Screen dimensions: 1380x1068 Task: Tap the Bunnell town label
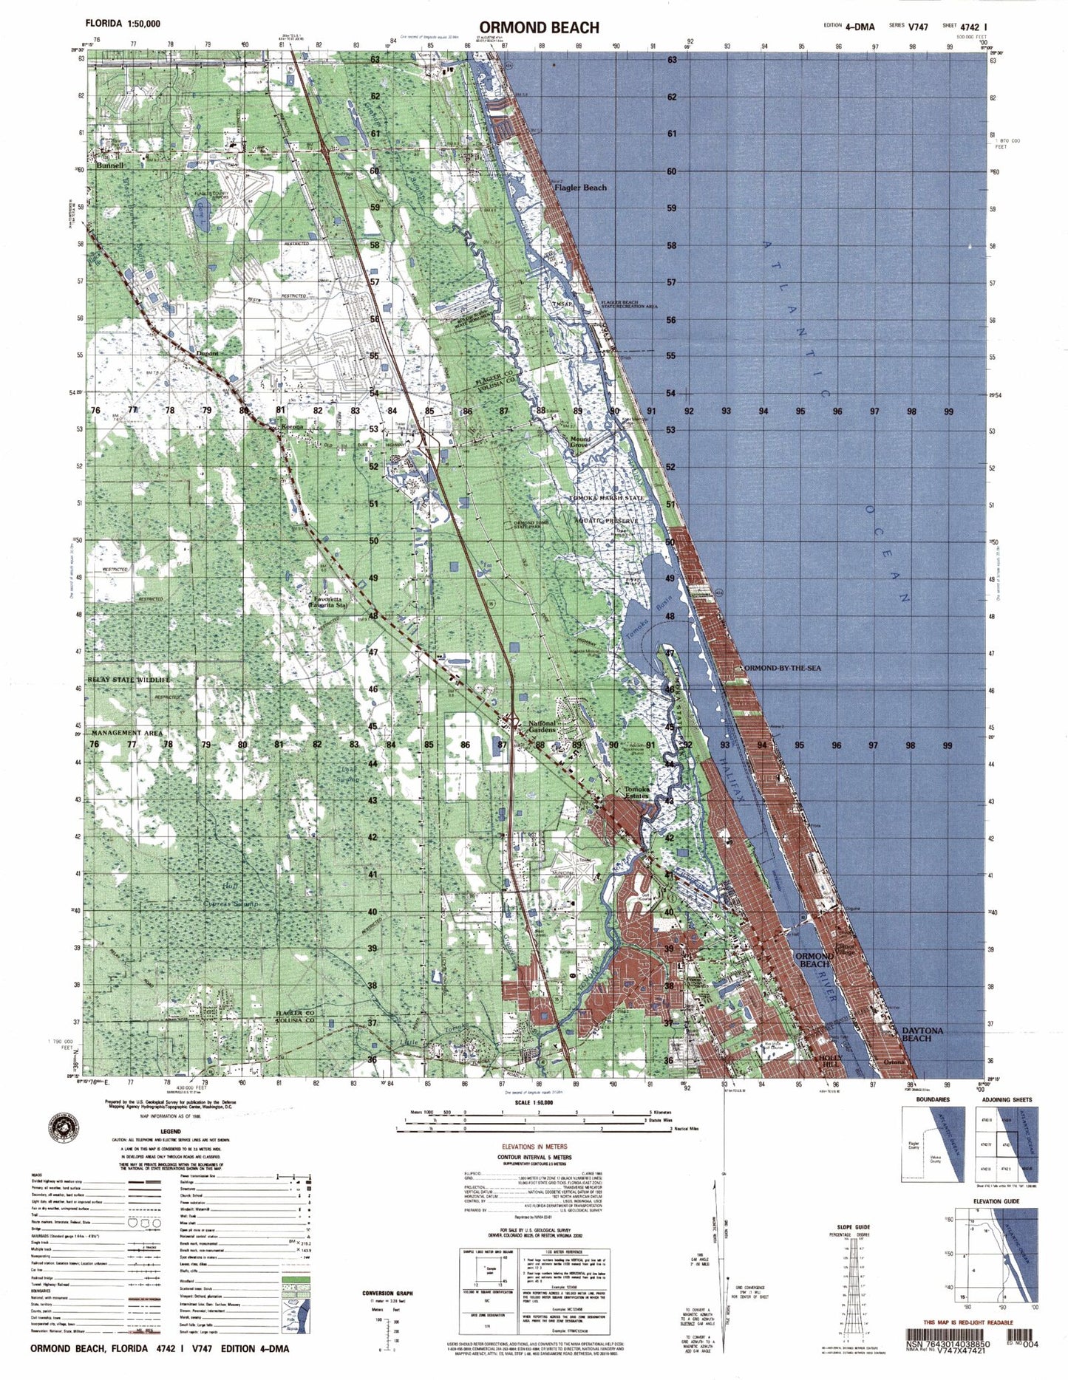[x=108, y=166]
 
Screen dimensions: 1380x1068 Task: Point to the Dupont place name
[x=208, y=353]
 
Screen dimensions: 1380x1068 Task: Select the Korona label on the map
[x=292, y=427]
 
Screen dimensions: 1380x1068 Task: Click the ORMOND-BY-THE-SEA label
[x=783, y=668]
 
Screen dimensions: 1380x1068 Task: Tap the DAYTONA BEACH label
[x=922, y=1034]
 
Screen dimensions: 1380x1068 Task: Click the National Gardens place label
[x=542, y=727]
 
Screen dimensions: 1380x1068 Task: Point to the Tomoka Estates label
[x=637, y=792]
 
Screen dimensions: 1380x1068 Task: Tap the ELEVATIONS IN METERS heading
[x=534, y=1147]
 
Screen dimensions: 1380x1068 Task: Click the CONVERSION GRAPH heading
[x=387, y=1292]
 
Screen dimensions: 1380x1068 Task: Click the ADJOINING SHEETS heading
[x=1006, y=1100]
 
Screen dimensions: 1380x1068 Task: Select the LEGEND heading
[x=171, y=1132]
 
